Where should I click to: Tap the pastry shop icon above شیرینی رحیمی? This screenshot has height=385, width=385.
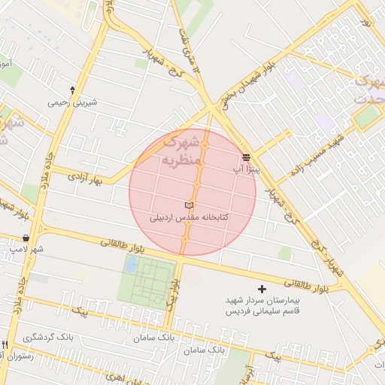[72, 89]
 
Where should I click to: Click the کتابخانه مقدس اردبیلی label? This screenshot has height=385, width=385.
[189, 217]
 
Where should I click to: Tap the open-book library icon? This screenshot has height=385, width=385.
[189, 205]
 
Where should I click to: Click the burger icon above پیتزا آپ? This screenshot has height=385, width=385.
[246, 157]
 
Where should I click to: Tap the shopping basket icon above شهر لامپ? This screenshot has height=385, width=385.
[26, 238]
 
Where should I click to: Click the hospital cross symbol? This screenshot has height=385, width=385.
[262, 289]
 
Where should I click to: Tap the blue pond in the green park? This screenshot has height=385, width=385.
[132, 265]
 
